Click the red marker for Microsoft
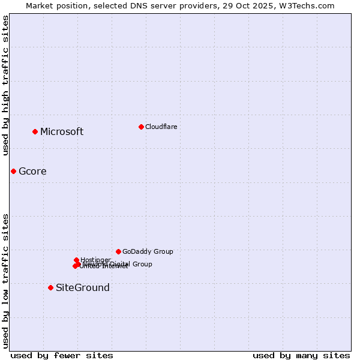35,131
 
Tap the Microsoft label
62,132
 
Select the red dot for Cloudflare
141,127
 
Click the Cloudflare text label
161,127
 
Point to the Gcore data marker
13,171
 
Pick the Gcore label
32,172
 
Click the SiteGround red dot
50,287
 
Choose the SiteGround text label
83,288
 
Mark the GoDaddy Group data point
118,251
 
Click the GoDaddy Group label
148,251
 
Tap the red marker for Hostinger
76,260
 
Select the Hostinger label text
95,260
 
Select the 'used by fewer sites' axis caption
62,355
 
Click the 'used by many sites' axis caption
301,355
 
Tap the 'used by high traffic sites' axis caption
5,85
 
